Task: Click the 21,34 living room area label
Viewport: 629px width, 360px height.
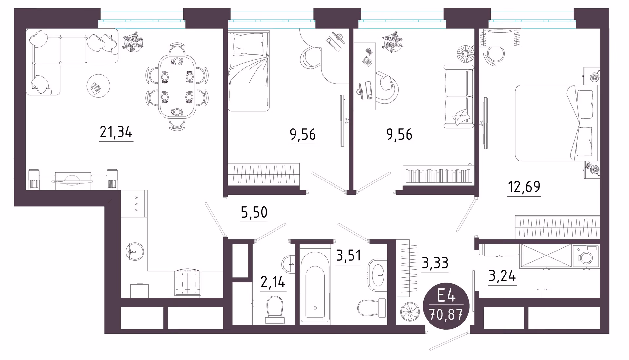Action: (116, 132)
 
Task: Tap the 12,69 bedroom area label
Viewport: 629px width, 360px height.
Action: (524, 187)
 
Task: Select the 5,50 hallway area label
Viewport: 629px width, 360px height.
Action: (254, 213)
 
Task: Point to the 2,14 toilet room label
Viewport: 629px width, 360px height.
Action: (273, 282)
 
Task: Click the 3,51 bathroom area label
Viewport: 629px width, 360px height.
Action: (348, 256)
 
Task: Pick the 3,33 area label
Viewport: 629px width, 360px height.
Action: (435, 263)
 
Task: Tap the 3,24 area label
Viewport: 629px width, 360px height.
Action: (502, 276)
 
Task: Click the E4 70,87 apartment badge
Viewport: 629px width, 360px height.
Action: (446, 306)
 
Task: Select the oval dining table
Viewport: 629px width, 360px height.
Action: (177, 87)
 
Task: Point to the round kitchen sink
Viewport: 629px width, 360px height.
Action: (135, 252)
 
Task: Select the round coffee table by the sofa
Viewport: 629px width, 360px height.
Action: (98, 86)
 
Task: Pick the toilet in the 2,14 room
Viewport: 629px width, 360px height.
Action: (275, 310)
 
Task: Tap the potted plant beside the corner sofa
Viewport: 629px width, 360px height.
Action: (133, 42)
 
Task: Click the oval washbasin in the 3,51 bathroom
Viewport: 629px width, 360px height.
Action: (377, 275)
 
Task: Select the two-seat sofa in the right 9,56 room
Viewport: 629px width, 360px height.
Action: (459, 96)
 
